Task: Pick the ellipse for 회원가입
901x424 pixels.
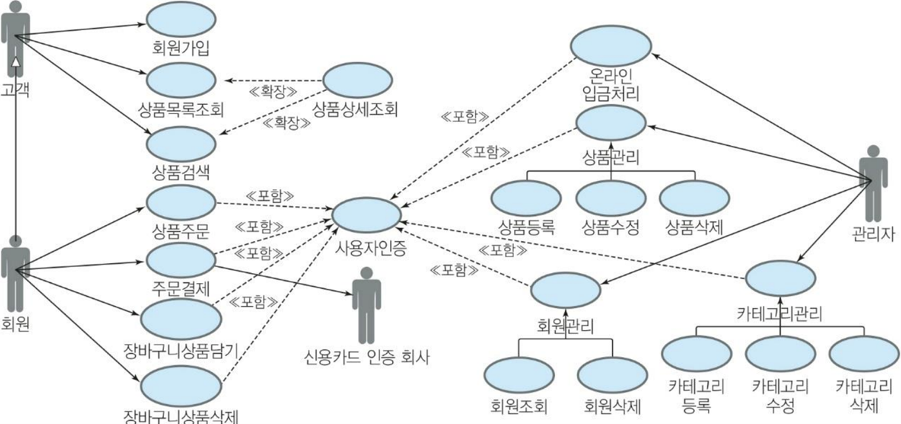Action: [x=181, y=20]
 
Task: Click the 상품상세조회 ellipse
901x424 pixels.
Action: [x=357, y=82]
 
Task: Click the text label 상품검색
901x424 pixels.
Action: [x=181, y=173]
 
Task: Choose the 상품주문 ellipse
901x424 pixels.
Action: [x=181, y=202]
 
